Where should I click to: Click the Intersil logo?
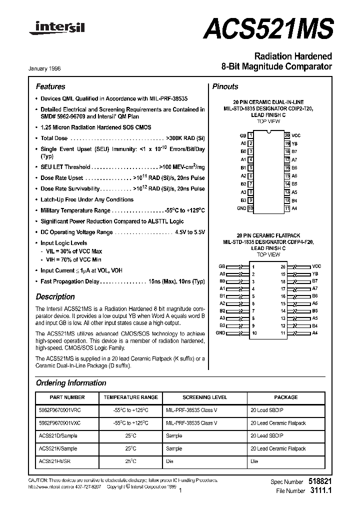57,28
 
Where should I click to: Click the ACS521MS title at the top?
267,28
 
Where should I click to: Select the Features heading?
50,86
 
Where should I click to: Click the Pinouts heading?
225,86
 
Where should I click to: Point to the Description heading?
55,296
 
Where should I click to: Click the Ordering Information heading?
71,383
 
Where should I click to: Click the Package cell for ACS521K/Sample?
277,448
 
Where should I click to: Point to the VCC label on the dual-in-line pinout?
296,135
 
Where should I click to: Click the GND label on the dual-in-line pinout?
241,208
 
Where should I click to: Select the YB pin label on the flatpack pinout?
315,274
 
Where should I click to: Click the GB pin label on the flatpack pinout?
222,266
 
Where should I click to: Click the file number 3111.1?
321,491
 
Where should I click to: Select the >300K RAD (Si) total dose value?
184,138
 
